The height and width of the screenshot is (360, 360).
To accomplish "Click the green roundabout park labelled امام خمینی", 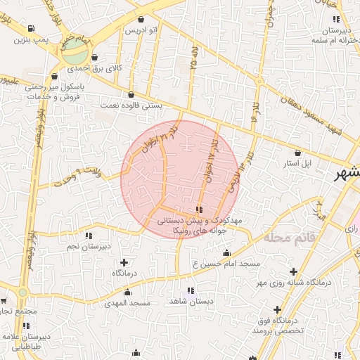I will coord(78,54).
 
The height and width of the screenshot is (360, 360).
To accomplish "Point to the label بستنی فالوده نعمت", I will coord(131,105).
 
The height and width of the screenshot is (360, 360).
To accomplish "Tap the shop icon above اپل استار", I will coord(297,153).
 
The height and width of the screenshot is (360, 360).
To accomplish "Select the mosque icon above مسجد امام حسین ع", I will coord(226,252).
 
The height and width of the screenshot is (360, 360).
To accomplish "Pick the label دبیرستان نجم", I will coord(89,247).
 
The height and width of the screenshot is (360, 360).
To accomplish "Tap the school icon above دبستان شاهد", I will coord(190,290).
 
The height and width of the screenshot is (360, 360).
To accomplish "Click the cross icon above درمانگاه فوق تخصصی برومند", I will coord(277,309).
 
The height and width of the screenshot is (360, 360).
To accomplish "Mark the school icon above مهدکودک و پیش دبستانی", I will coord(200,210).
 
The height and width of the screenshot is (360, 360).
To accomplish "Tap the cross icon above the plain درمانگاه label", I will coord(124,262).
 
